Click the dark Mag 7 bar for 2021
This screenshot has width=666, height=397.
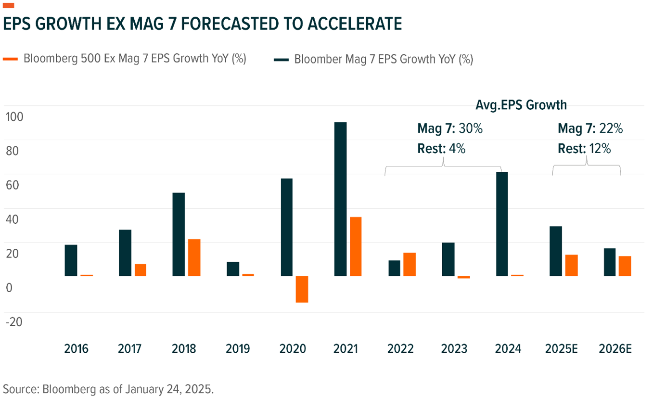pos(340,199)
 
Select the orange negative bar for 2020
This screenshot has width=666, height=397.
pos(302,289)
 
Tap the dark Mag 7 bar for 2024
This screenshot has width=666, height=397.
pos(502,224)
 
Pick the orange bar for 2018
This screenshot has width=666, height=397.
pos(194,257)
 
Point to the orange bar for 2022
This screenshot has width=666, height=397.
pos(410,264)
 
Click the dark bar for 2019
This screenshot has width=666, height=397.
pos(233,269)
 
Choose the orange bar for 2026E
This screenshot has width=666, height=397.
pos(625,266)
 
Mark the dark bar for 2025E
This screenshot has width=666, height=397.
pos(556,251)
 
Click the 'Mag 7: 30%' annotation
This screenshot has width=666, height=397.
pos(449,129)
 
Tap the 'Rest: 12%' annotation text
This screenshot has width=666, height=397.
pos(584,149)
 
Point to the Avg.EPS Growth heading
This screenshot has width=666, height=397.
pos(521,105)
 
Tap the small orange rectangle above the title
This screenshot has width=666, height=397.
pos(9,5)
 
